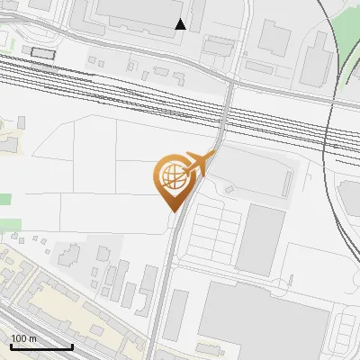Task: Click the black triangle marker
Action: point(181,24)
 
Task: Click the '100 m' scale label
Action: point(23,338)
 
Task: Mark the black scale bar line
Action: point(40,346)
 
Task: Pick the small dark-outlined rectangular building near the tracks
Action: point(42,52)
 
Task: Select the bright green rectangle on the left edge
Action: point(5,199)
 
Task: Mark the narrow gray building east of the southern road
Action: point(175,315)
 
